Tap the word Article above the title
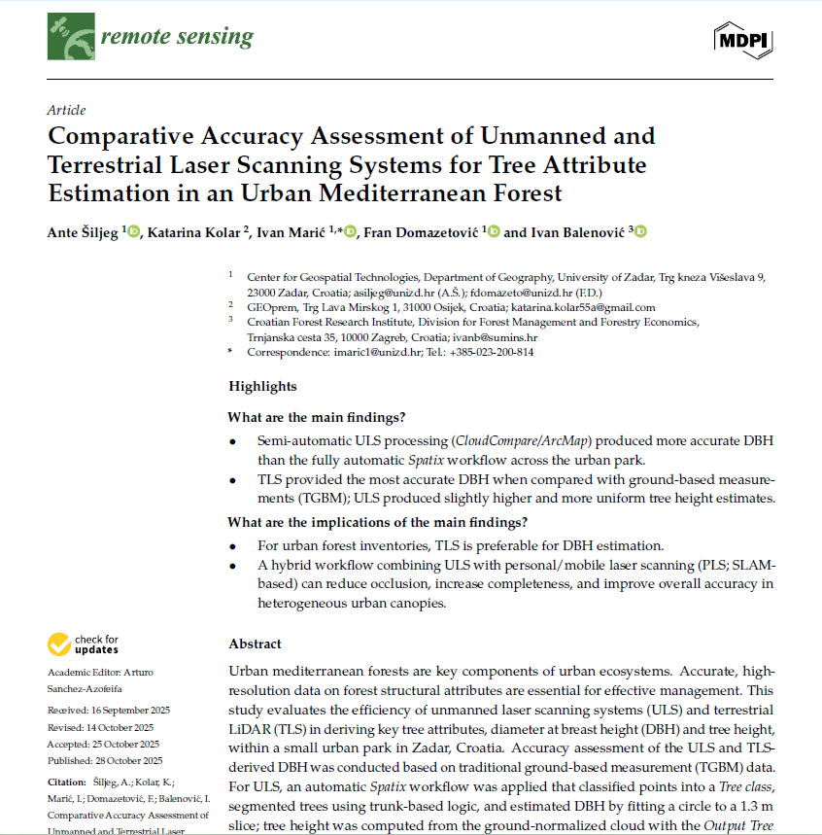tap(66, 110)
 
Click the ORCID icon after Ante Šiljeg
tap(134, 231)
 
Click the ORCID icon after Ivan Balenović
tap(640, 231)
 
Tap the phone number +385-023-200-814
tap(491, 352)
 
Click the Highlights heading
tap(262, 386)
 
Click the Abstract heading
tap(255, 644)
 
